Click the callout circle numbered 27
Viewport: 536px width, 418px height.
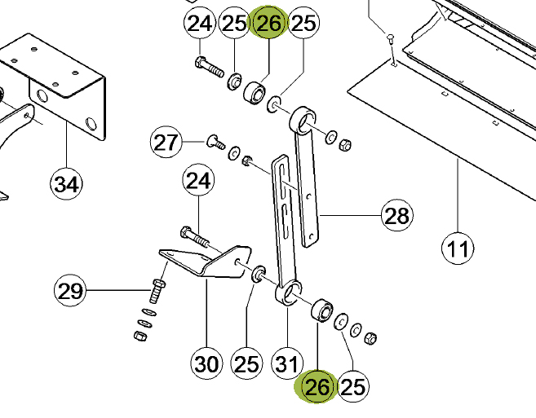click(166, 142)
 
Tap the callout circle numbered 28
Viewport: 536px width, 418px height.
click(396, 215)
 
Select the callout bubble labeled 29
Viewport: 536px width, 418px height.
click(70, 291)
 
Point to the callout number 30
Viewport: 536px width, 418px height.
click(206, 363)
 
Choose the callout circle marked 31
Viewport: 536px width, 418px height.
click(287, 363)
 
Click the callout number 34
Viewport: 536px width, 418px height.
click(66, 183)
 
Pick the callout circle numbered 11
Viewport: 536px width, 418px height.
click(458, 249)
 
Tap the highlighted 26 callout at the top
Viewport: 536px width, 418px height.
click(269, 23)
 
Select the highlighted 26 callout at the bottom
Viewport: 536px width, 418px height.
click(317, 387)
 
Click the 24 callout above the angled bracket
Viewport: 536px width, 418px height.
click(198, 180)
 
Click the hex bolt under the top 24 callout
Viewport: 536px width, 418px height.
click(209, 68)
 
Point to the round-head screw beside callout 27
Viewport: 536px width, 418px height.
click(215, 142)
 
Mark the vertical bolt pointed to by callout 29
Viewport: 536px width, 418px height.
click(157, 291)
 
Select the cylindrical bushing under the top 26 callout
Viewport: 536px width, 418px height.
click(255, 93)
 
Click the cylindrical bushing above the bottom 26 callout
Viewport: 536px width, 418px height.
click(321, 310)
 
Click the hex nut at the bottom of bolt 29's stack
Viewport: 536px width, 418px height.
click(140, 336)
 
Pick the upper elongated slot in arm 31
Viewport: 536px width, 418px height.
click(282, 181)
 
